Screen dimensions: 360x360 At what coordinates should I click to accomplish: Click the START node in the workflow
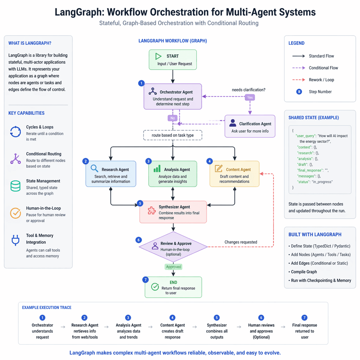(172, 60)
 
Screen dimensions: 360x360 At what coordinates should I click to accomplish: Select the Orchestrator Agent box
(173, 96)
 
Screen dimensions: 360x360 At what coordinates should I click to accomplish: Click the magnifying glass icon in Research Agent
(95, 169)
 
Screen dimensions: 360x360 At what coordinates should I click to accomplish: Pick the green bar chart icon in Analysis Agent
(157, 169)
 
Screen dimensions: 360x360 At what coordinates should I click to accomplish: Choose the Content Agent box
(234, 174)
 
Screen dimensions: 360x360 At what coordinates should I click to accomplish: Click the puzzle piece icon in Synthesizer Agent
(151, 211)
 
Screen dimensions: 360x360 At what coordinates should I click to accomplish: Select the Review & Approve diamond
(173, 247)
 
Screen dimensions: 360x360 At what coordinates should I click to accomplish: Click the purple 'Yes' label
(250, 97)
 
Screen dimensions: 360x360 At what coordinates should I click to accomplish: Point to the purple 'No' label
(173, 118)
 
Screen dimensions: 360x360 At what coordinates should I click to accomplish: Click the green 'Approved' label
(173, 267)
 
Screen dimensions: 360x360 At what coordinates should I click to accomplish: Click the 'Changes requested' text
(241, 242)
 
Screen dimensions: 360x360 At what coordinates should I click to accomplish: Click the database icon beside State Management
(15, 186)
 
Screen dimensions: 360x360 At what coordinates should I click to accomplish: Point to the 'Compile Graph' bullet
(304, 272)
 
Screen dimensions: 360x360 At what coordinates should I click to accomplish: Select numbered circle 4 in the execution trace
(172, 317)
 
